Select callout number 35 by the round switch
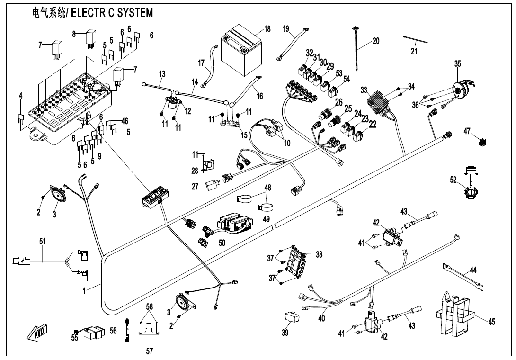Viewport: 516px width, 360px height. pyautogui.click(x=457, y=63)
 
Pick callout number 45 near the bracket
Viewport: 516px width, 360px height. pyautogui.click(x=492, y=322)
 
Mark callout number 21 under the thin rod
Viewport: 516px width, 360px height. pyautogui.click(x=414, y=51)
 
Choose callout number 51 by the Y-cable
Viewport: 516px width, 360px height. pyautogui.click(x=43, y=242)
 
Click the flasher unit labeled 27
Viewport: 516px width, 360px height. pyautogui.click(x=212, y=186)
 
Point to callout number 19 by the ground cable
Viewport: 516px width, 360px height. pyautogui.click(x=286, y=29)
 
